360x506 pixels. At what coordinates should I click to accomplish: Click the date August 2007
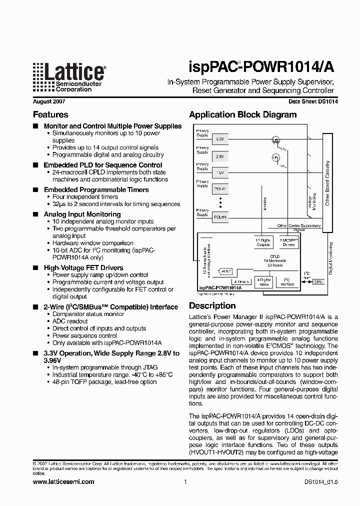[x=48, y=101]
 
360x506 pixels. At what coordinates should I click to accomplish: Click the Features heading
[x=50, y=114]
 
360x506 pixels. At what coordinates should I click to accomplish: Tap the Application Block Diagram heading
[x=242, y=114]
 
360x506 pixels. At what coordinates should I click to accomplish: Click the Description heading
[x=212, y=305]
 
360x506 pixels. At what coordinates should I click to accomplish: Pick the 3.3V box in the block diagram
[x=220, y=138]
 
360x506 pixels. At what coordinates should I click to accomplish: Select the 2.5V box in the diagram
[x=220, y=156]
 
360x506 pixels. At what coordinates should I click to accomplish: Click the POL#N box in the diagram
[x=220, y=217]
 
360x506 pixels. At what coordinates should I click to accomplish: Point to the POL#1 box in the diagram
[x=220, y=189]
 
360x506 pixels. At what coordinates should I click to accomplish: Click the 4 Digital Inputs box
[x=263, y=281]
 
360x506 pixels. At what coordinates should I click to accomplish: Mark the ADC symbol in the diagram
[x=225, y=271]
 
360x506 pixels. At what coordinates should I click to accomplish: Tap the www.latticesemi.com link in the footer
[x=63, y=482]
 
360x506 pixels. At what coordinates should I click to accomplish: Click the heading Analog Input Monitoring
[x=82, y=214]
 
